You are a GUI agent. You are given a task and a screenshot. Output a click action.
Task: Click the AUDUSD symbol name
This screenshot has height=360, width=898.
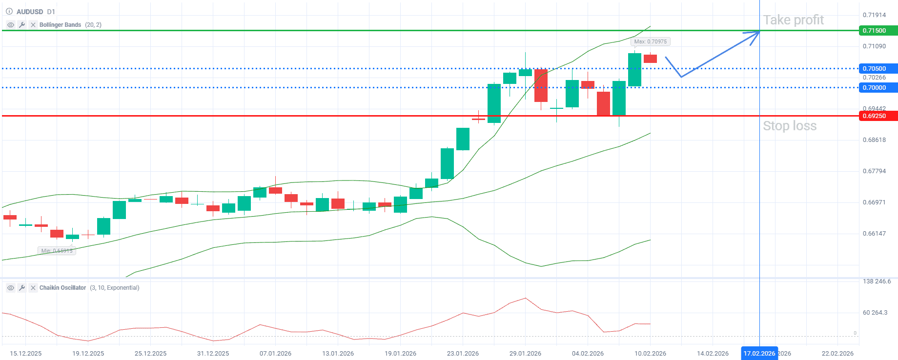(x=30, y=12)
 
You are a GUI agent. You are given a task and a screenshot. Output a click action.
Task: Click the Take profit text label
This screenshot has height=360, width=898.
(x=793, y=20)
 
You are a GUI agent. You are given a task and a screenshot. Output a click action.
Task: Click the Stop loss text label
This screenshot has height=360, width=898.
(x=789, y=126)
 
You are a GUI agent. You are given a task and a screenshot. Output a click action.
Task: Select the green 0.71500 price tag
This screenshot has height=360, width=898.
(x=877, y=31)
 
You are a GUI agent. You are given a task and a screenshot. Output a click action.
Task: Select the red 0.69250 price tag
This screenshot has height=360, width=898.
(x=877, y=116)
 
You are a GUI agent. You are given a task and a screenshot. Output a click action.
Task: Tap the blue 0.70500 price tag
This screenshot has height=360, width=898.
(x=877, y=69)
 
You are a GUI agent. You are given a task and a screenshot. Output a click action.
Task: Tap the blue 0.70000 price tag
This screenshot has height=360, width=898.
(x=877, y=88)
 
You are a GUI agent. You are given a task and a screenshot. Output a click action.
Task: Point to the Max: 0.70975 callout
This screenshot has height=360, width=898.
(x=650, y=42)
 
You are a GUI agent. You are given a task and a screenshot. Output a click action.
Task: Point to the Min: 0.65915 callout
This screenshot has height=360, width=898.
(x=57, y=251)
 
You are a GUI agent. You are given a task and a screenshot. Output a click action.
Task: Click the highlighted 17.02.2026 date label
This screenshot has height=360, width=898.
(x=759, y=353)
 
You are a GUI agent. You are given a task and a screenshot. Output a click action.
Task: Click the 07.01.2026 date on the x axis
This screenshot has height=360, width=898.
(x=275, y=353)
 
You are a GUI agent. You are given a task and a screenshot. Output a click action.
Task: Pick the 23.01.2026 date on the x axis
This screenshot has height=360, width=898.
(x=463, y=353)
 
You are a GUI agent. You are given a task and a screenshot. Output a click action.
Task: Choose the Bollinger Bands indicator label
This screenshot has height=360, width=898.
(x=60, y=25)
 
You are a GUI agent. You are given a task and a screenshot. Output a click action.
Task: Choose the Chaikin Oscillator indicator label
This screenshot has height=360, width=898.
(x=62, y=288)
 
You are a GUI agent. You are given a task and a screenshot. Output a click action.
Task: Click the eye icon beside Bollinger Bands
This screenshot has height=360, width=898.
(x=11, y=25)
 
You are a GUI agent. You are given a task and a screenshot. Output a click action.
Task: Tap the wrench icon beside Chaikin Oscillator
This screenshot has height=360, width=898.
(x=22, y=288)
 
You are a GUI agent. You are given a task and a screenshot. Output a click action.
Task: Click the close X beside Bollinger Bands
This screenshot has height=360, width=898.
(x=33, y=25)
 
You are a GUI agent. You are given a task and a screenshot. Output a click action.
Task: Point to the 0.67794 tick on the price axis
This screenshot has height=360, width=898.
(x=874, y=171)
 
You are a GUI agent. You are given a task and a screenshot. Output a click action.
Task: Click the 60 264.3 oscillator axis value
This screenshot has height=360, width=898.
(x=875, y=313)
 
